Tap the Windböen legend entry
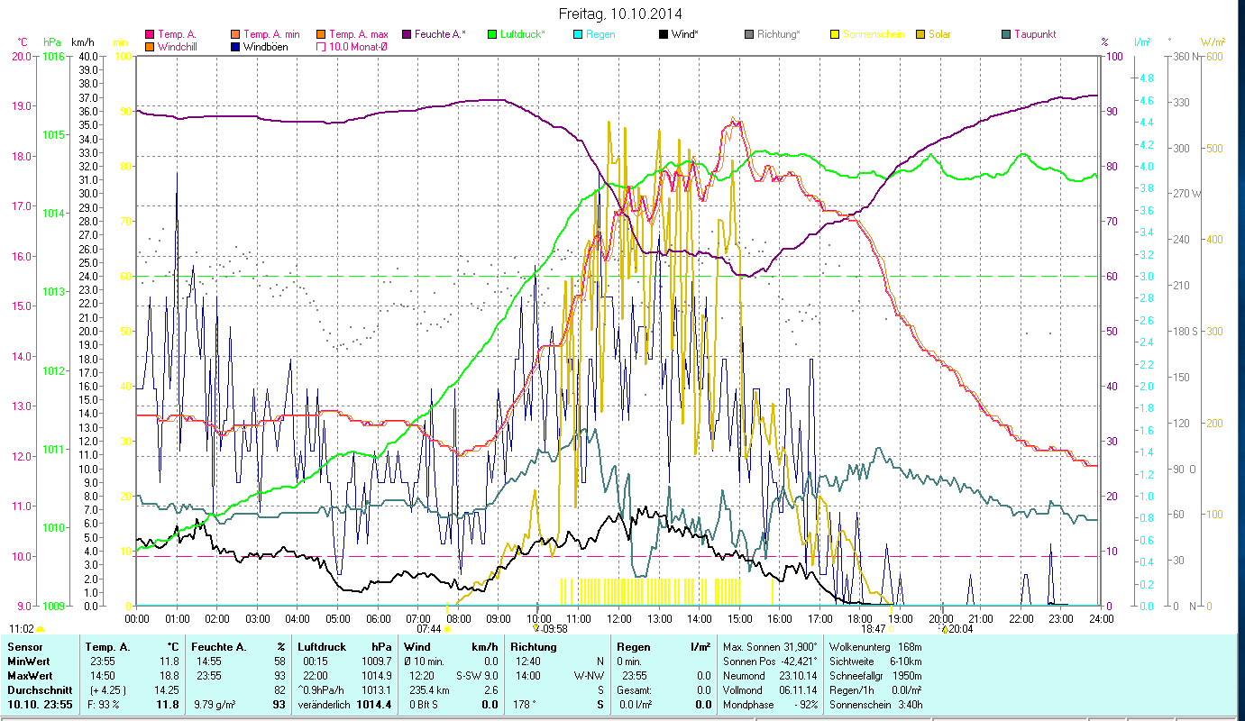pyautogui.click(x=262, y=46)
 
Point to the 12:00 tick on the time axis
pyautogui.click(x=619, y=619)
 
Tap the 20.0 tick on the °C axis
pyautogui.click(x=22, y=56)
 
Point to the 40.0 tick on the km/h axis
pyautogui.click(x=88, y=56)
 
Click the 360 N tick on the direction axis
pyautogui.click(x=1184, y=56)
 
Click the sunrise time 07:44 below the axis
pyautogui.click(x=428, y=629)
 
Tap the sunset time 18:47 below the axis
pyautogui.click(x=873, y=629)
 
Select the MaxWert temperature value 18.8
pyautogui.click(x=169, y=675)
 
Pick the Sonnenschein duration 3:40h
pyautogui.click(x=909, y=704)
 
